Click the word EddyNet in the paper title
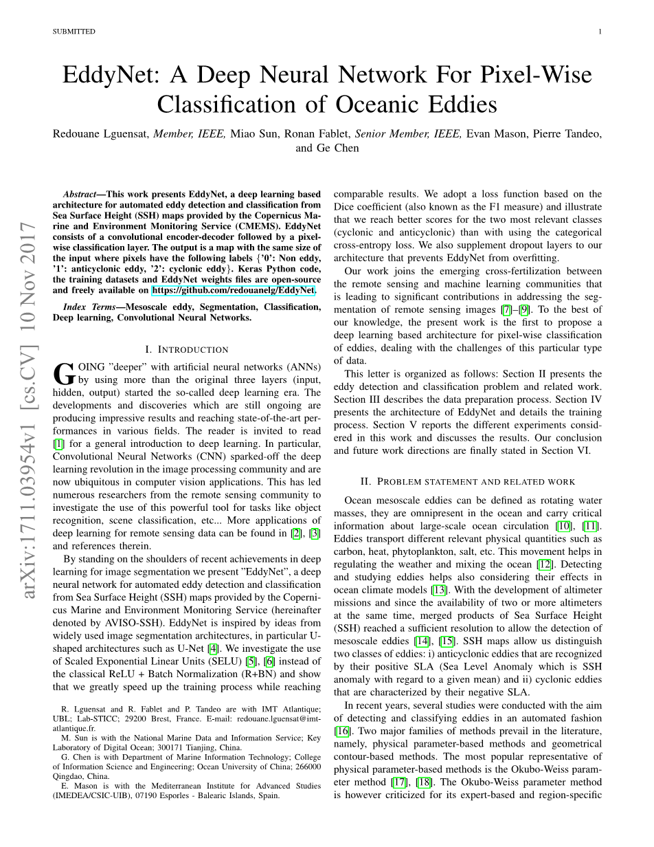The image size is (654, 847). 110,74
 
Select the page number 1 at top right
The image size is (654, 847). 600,32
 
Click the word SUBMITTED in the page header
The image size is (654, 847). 74,32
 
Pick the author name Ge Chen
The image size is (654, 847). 337,148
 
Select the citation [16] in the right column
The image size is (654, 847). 341,731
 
